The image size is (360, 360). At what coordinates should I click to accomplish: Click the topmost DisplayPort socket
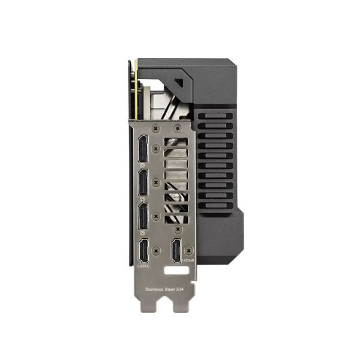point(143,149)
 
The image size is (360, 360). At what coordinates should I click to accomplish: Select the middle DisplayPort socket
point(143,182)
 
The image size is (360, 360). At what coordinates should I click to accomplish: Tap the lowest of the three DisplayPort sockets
point(143,216)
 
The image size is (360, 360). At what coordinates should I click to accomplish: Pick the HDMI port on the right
point(176,250)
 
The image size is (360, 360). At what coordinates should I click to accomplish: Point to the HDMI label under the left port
point(143,266)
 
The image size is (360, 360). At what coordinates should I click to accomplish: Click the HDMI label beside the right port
point(188,260)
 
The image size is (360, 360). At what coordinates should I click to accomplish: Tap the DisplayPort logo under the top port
point(142,166)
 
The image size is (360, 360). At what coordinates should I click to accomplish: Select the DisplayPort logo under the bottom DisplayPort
point(142,233)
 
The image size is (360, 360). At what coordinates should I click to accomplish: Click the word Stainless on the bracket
point(154,290)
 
